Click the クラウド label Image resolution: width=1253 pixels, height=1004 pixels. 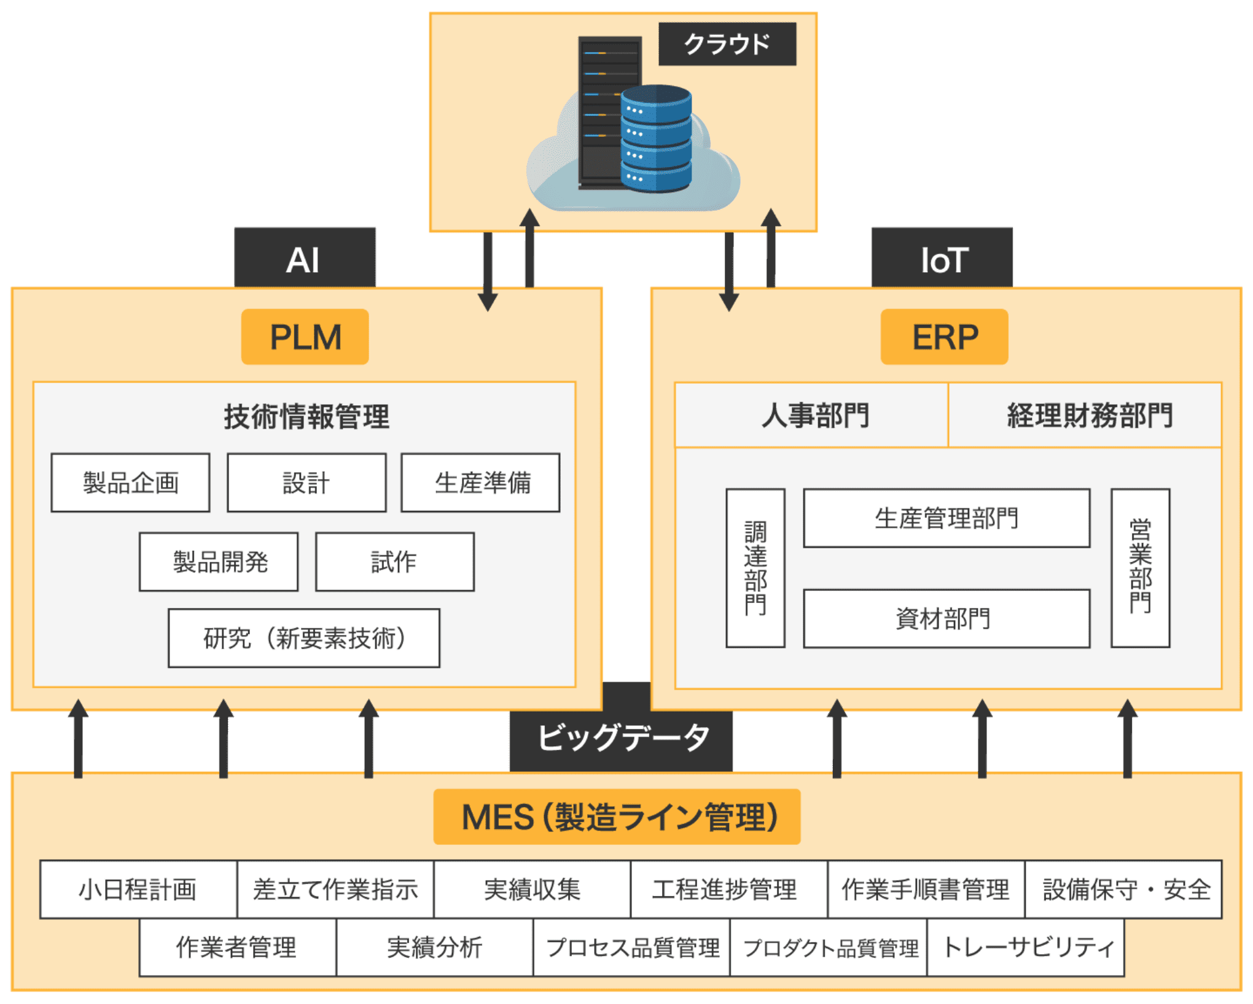[727, 44]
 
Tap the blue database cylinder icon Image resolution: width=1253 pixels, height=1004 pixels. [655, 139]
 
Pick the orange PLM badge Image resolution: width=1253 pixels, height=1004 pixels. [305, 337]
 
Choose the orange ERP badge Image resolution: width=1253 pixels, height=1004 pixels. [944, 337]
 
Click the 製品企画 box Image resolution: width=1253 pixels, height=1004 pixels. [130, 483]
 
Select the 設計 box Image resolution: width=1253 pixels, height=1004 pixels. [306, 483]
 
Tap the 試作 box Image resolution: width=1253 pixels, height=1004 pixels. [394, 562]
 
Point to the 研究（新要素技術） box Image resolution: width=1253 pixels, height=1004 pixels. [304, 638]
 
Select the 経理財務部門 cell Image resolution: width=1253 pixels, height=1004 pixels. [1085, 416]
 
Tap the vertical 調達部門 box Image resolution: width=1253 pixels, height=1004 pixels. [755, 568]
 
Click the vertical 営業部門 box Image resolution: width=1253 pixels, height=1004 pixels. [1140, 568]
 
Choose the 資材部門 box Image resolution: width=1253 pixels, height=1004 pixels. [947, 618]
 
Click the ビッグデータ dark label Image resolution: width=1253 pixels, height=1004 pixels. [622, 738]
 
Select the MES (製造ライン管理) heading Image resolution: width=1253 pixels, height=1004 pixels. [617, 817]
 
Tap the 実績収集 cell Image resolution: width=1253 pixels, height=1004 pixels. [532, 889]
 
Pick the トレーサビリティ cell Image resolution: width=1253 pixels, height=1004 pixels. [1025, 948]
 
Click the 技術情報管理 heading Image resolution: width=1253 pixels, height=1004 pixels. [306, 417]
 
